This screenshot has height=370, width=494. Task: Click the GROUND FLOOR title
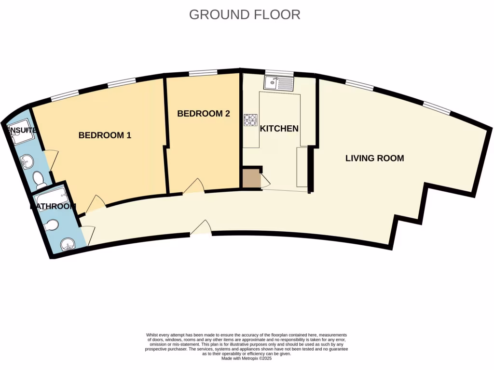pyautogui.click(x=245, y=14)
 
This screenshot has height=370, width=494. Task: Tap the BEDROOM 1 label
pyautogui.click(x=105, y=135)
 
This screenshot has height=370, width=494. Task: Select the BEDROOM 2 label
pyautogui.click(x=203, y=114)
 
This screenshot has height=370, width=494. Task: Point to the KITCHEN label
pyautogui.click(x=279, y=129)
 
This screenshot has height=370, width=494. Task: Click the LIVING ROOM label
pyautogui.click(x=374, y=158)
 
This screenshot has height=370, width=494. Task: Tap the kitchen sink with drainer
pyautogui.click(x=278, y=84)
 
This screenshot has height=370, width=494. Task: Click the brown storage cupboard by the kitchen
pyautogui.click(x=250, y=179)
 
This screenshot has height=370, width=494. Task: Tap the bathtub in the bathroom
pyautogui.click(x=52, y=198)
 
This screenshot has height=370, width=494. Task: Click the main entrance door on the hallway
pyautogui.click(x=201, y=228)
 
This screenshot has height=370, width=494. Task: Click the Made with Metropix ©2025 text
pyautogui.click(x=247, y=358)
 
